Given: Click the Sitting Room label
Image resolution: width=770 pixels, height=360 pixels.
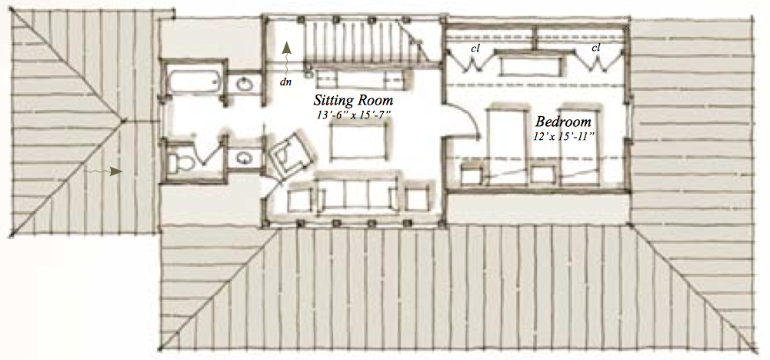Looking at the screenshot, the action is click(354, 102).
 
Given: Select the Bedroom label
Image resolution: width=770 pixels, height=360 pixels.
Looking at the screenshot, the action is click(563, 122).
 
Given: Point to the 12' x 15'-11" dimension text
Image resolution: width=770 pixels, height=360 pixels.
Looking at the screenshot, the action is click(565, 137).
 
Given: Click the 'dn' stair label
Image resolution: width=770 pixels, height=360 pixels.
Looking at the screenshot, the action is click(285, 82).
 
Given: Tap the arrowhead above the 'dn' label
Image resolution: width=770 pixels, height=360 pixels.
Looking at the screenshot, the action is click(287, 47).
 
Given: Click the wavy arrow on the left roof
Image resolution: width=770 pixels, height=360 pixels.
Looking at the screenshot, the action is click(102, 171).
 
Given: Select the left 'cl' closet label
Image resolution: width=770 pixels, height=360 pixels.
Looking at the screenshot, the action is click(475, 48).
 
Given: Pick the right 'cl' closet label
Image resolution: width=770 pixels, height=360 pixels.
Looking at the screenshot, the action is click(595, 48).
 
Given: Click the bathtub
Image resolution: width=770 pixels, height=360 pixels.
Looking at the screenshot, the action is click(192, 82).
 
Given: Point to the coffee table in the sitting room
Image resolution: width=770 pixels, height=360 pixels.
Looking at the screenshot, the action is click(361, 141).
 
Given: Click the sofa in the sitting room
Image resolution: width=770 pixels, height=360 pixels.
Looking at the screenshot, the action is click(357, 193).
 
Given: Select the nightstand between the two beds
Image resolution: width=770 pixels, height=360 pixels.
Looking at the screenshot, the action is click(544, 175).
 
